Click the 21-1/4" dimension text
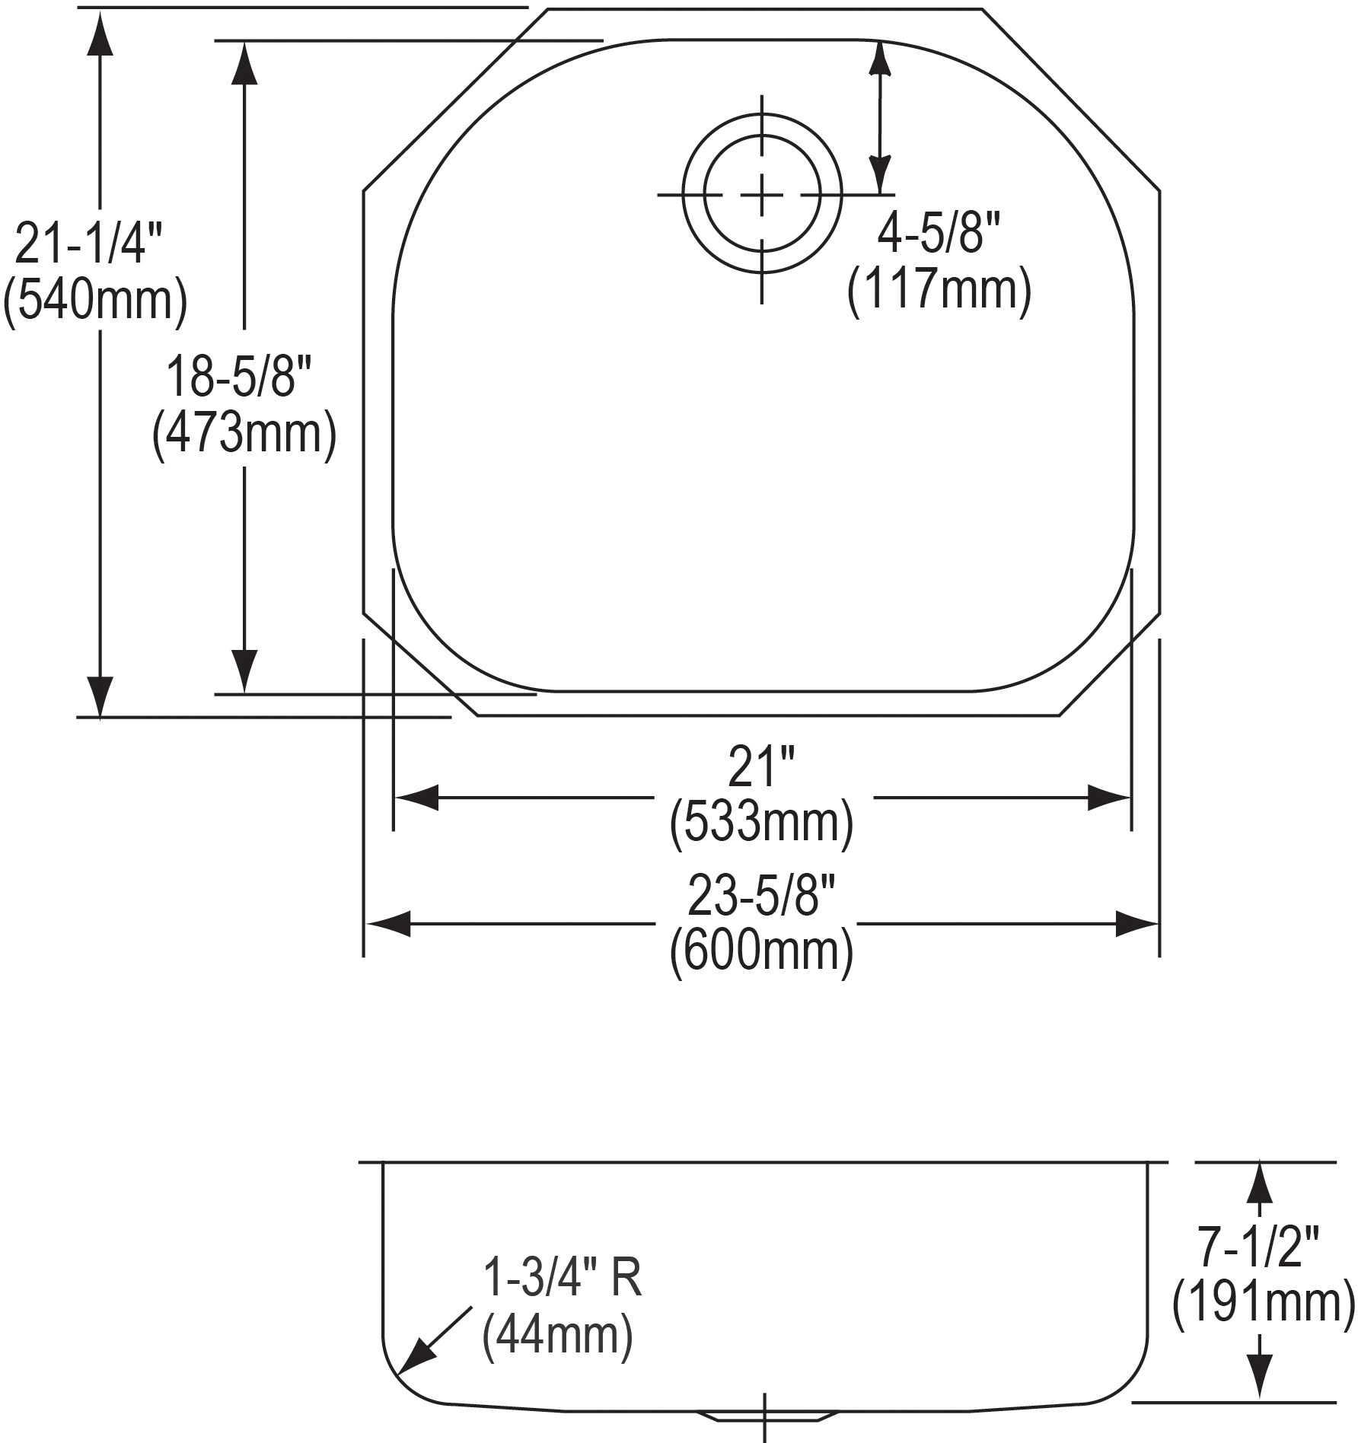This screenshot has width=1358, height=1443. click(88, 244)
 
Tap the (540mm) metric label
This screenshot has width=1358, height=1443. click(95, 300)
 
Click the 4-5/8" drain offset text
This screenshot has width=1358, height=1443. click(939, 232)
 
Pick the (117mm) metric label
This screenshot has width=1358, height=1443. click(939, 288)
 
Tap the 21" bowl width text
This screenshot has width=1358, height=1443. click(760, 766)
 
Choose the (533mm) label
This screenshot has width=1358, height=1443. click(761, 822)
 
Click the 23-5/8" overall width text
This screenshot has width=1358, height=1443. click(762, 896)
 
